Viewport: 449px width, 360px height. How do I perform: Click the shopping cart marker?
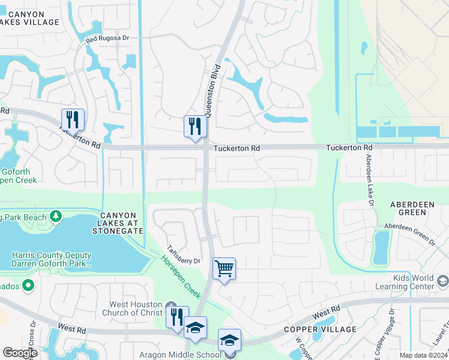(224, 269)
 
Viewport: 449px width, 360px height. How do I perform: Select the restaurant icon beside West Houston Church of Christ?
(177, 317)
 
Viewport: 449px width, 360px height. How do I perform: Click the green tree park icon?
(56, 215)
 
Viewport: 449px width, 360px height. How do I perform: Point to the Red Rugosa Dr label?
(107, 38)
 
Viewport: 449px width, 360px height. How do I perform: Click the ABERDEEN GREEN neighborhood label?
(412, 209)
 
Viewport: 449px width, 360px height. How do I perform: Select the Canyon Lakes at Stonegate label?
(122, 223)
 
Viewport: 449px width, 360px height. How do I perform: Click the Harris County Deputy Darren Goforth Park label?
(52, 259)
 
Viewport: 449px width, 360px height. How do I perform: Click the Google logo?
(20, 353)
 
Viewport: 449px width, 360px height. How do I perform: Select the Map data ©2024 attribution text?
(423, 355)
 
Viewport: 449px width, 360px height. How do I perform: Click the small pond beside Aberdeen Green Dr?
(381, 248)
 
